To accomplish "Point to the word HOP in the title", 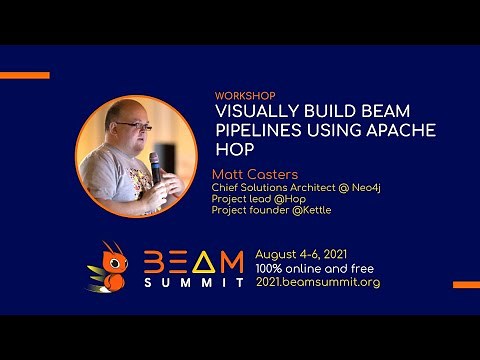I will (230, 150).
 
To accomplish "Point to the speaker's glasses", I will (131, 126).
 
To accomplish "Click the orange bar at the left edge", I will (24, 75).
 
